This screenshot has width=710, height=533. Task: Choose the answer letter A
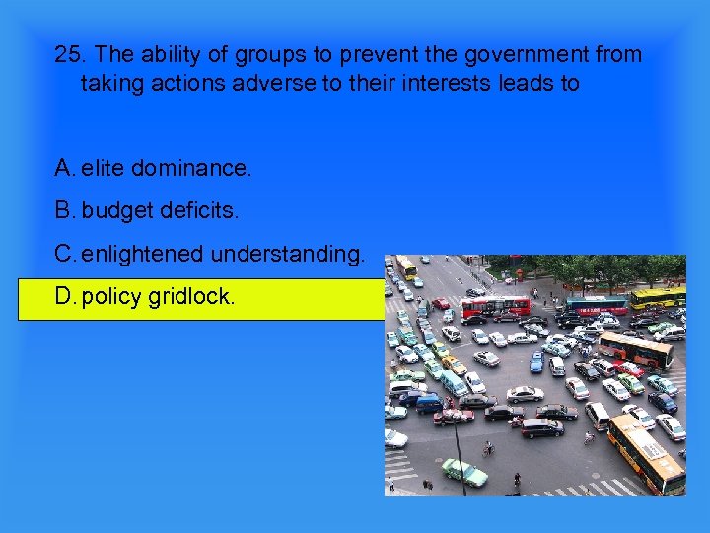[63, 168]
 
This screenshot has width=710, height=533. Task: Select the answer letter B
[63, 211]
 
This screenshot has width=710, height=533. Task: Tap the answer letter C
[64, 255]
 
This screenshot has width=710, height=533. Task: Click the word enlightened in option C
[140, 255]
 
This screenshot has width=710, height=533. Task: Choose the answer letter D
[64, 297]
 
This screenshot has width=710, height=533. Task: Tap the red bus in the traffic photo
[495, 306]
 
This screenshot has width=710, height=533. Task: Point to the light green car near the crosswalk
[463, 473]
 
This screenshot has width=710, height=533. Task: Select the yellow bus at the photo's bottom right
[645, 453]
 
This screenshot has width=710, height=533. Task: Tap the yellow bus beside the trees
[658, 296]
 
